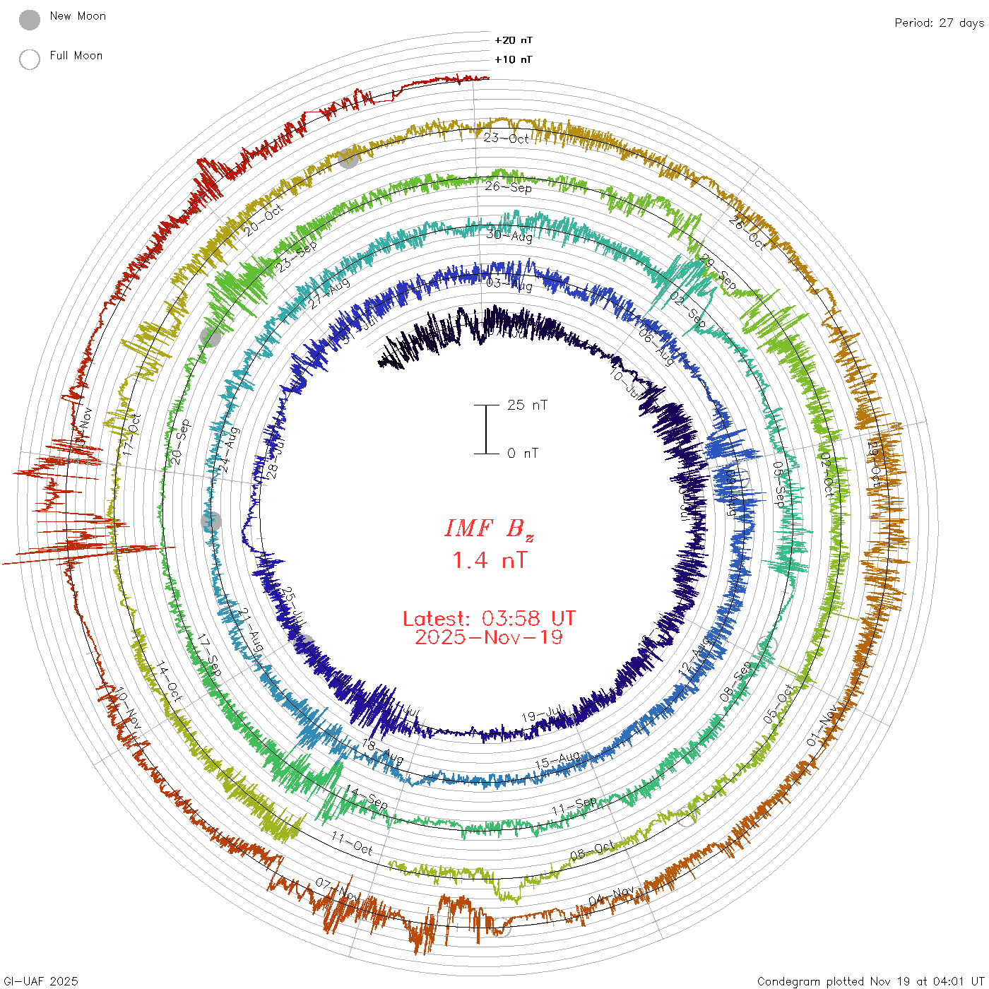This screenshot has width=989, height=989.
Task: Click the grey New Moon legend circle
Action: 30,20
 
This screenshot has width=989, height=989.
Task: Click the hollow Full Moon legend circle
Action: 30,59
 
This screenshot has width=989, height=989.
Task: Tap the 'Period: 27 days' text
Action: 938,23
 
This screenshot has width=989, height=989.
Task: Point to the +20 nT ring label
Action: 514,40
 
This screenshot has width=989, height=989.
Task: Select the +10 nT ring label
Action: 514,59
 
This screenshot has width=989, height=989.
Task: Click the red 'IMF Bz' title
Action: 489,528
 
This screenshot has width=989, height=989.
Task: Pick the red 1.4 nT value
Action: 489,561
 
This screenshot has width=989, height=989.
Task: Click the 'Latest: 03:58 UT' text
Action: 489,619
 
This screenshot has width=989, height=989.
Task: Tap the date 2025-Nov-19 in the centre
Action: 489,638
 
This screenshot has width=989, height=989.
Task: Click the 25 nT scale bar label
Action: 527,405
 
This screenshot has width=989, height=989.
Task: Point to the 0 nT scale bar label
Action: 523,454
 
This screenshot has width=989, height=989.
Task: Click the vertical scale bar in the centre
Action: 486,430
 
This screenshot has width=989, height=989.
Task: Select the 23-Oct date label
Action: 506,138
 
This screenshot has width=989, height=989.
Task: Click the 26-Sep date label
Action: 509,187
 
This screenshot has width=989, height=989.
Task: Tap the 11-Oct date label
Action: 351,843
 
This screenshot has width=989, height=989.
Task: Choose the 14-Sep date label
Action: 366,798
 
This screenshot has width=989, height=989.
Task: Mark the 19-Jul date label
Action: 542,715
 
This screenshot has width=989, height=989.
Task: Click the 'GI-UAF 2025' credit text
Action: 40,981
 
